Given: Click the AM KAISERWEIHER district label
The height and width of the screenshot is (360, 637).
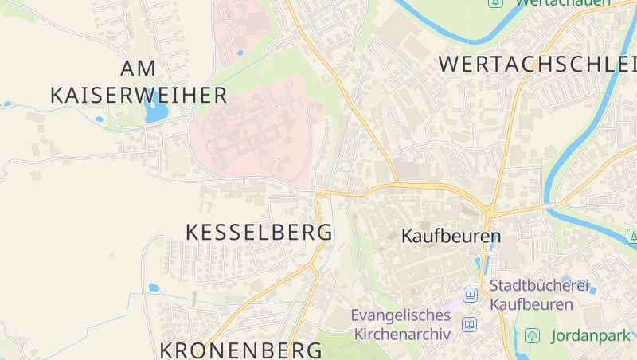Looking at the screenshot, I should tap(139, 81).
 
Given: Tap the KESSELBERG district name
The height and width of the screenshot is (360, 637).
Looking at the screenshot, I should tap(259, 233).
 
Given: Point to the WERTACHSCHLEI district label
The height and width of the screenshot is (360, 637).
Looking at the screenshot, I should tap(537, 64).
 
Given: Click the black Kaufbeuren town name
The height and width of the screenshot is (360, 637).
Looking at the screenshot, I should tap(451, 237).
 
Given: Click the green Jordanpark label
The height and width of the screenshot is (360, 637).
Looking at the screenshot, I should tap(588, 336).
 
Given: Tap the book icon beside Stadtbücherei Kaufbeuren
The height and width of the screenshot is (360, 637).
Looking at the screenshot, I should tap(470, 295).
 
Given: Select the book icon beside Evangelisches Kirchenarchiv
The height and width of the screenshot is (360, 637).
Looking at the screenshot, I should tap(470, 325).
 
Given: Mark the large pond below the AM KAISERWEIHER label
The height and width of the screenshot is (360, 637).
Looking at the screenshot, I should tap(154, 112).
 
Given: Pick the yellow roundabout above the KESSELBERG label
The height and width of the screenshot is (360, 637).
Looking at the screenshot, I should tap(320, 194).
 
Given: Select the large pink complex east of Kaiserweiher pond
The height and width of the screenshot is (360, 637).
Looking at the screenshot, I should tap(255, 131).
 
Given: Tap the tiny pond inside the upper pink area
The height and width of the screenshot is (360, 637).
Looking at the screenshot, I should tap(240, 53).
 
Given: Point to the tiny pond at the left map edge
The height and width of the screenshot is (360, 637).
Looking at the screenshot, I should tap(7, 104).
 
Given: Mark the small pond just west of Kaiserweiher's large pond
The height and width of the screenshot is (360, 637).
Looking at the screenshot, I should tap(99, 119).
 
